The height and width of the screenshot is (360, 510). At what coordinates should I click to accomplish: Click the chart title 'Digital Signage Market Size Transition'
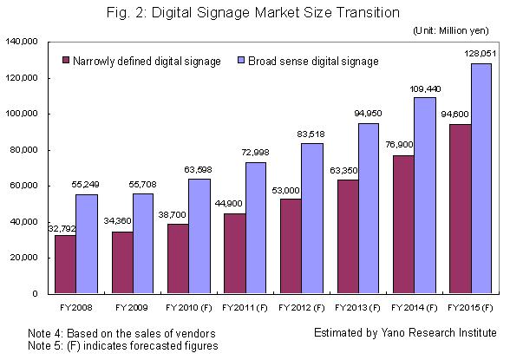point(254,13)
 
